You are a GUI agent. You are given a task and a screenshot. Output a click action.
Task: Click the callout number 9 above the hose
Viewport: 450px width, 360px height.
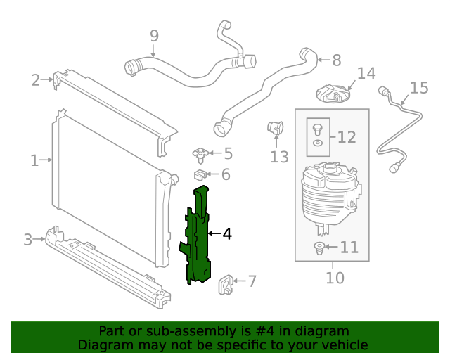pyautogui.click(x=154, y=35)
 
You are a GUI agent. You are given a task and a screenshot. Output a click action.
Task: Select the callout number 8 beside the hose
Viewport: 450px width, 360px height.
pyautogui.click(x=336, y=60)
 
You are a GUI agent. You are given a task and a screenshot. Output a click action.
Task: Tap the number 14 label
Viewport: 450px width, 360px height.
pyautogui.click(x=366, y=74)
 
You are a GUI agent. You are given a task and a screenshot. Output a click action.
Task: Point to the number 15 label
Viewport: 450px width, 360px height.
pyautogui.click(x=419, y=88)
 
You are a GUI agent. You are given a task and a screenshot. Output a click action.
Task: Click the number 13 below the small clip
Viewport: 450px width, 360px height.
pyautogui.click(x=279, y=157)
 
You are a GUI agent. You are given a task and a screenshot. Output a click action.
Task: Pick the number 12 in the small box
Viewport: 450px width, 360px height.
pyautogui.click(x=347, y=137)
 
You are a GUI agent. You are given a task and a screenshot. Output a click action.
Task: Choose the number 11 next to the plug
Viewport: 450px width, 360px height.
pyautogui.click(x=349, y=247)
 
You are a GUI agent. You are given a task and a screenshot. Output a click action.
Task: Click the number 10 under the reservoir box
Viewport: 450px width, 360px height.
pyautogui.click(x=335, y=278)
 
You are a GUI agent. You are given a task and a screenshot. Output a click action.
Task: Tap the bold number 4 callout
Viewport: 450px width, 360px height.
pyautogui.click(x=227, y=233)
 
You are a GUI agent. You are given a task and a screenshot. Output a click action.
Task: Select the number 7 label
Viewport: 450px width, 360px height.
pyautogui.click(x=252, y=282)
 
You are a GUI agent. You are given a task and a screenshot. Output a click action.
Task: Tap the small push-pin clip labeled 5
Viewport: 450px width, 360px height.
pyautogui.click(x=201, y=153)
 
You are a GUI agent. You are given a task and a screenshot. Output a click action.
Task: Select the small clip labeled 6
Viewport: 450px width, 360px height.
pyautogui.click(x=200, y=174)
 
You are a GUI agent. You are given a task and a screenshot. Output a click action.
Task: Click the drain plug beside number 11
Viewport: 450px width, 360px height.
pyautogui.click(x=318, y=247)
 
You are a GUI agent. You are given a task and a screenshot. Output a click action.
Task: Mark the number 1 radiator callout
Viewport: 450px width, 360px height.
pyautogui.click(x=34, y=161)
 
